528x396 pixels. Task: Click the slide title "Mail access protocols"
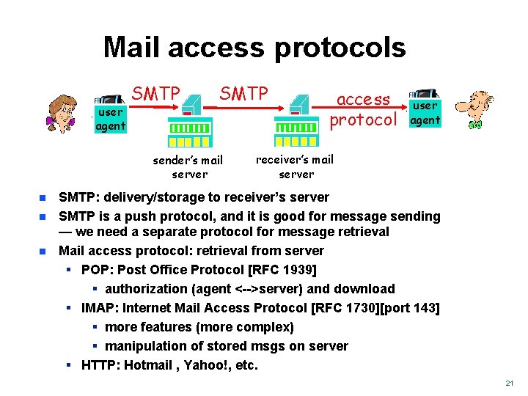click(x=254, y=48)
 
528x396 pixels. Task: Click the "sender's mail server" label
click(x=188, y=166)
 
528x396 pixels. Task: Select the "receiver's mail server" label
click(x=295, y=166)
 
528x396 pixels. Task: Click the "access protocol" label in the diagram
click(x=363, y=109)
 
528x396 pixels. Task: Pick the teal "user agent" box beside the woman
click(x=110, y=119)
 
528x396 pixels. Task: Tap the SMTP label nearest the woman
click(x=155, y=94)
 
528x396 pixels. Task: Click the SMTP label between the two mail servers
click(x=244, y=94)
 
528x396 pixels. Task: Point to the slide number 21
click(x=510, y=384)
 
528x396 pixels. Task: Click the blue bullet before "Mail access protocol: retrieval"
click(x=43, y=251)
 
